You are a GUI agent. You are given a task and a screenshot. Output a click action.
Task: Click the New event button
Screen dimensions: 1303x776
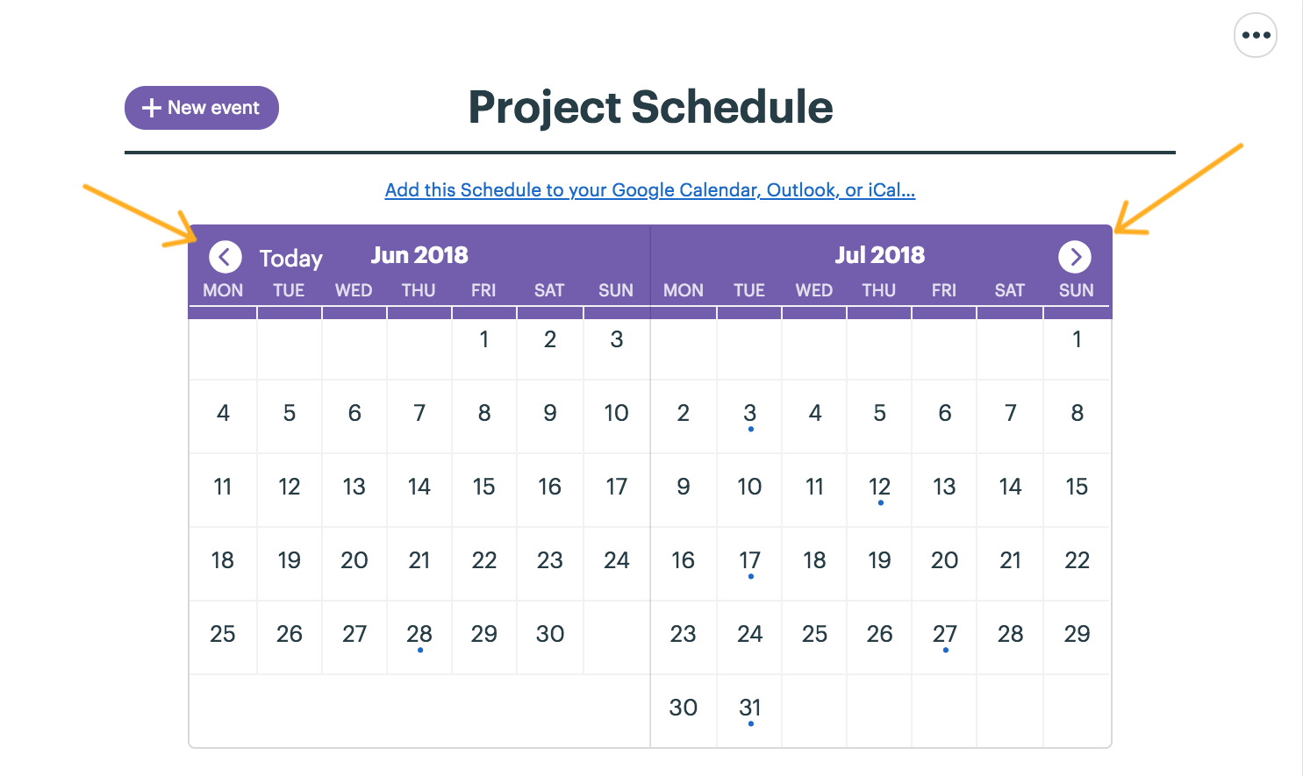tap(201, 108)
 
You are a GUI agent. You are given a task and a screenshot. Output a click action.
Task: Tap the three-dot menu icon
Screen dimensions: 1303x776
tap(1256, 35)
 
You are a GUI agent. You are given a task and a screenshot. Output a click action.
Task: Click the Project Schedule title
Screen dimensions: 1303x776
tap(650, 107)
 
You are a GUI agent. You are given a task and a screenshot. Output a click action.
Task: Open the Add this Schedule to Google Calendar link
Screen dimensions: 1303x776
tap(650, 189)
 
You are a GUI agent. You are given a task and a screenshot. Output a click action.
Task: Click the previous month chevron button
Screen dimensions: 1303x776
tap(226, 256)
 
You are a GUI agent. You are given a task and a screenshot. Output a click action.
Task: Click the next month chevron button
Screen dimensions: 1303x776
tap(1074, 256)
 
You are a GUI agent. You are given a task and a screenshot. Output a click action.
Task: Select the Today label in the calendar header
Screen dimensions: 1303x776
tap(290, 258)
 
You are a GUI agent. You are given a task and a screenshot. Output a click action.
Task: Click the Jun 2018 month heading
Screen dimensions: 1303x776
tap(419, 255)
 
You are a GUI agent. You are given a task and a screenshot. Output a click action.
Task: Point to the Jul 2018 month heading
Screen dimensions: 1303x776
tap(879, 255)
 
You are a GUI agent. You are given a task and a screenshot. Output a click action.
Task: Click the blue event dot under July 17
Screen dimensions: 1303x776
tap(751, 577)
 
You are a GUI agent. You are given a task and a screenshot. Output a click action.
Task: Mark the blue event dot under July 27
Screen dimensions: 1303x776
tap(946, 650)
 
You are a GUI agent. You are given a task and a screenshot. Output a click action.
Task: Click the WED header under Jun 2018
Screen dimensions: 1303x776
tap(354, 290)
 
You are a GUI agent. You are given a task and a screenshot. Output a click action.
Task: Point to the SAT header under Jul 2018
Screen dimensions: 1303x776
tap(1009, 290)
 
